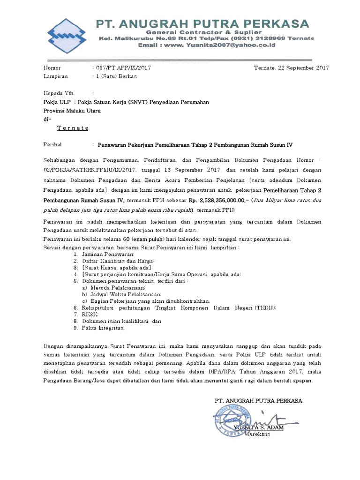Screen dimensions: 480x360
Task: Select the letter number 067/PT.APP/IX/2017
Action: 123,67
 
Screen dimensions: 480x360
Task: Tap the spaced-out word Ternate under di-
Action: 73,127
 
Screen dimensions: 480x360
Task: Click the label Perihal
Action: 52,145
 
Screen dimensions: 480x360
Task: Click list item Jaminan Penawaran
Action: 101,253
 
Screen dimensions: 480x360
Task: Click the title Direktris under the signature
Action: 258,435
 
